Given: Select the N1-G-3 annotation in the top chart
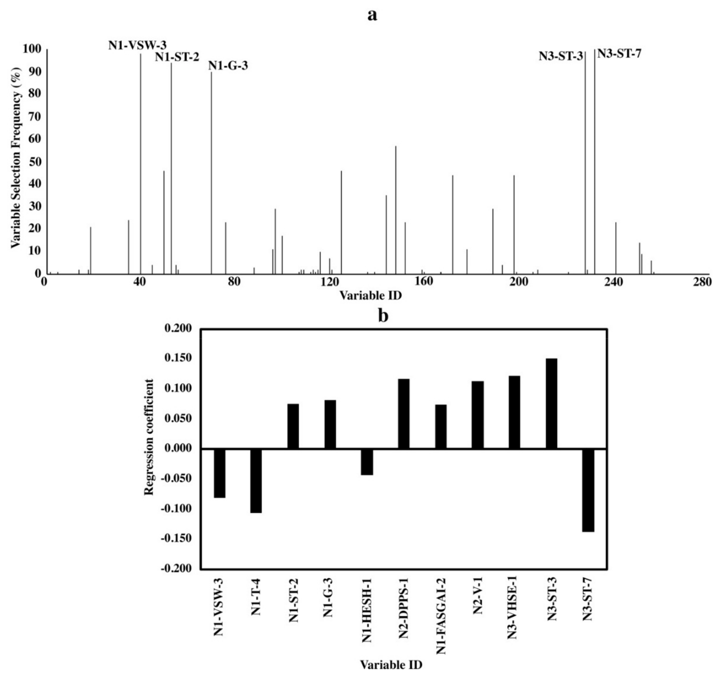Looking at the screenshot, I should (x=228, y=66).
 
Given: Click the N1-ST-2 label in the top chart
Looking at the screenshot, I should (x=177, y=57).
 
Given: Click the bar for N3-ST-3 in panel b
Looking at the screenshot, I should (x=551, y=404).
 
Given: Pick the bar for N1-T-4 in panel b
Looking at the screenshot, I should (x=256, y=481).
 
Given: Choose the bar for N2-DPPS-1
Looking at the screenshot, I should (x=404, y=414).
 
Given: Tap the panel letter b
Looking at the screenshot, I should (x=383, y=316).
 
